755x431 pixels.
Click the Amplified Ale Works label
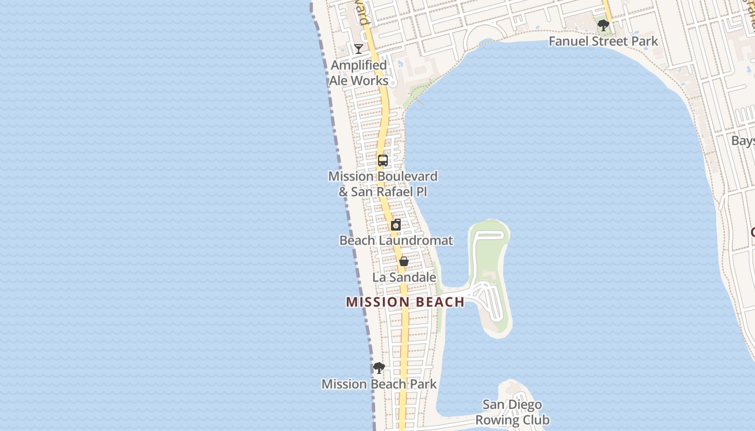click(359, 73)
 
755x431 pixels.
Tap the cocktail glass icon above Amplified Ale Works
click(359, 49)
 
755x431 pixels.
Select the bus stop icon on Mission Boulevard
click(383, 161)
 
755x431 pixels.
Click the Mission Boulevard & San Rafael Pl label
click(383, 184)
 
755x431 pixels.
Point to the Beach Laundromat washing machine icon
click(396, 225)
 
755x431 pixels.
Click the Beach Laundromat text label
click(396, 240)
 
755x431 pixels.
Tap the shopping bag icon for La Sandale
click(404, 261)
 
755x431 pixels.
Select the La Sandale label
click(404, 277)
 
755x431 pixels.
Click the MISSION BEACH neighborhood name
click(405, 302)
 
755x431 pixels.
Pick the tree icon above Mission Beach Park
click(379, 368)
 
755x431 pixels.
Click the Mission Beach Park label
click(379, 384)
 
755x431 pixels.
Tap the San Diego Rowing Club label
click(512, 412)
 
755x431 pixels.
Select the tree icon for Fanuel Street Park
click(603, 25)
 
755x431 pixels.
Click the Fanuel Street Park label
click(603, 41)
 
